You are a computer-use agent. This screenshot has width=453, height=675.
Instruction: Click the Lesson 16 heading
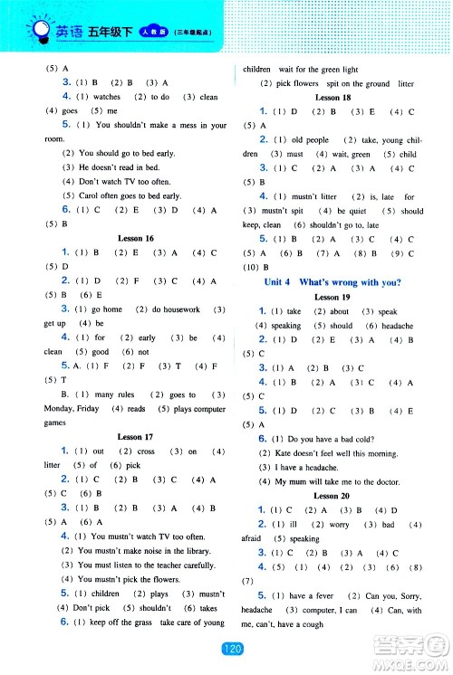point(136,238)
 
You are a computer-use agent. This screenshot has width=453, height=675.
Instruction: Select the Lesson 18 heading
point(332,95)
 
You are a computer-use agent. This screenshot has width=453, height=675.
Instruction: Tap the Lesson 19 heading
point(332,297)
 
